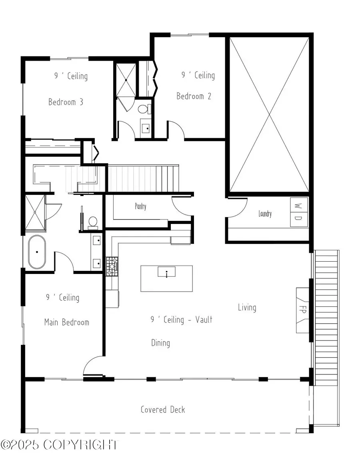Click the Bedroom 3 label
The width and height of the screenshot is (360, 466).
[x=66, y=102]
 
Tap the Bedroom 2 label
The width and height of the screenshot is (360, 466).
[x=194, y=96]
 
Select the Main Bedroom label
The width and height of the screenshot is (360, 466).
[x=66, y=322]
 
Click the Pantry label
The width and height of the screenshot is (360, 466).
[x=140, y=206]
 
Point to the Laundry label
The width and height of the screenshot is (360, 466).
[x=265, y=214]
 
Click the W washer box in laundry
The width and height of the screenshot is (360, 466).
[x=298, y=206]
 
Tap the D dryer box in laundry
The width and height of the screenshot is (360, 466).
[x=298, y=218]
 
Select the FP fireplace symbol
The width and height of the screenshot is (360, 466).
[x=302, y=310]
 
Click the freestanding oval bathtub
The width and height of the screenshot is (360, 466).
[x=37, y=252]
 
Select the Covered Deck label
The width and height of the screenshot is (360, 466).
[x=163, y=409]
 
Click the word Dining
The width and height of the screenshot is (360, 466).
[x=160, y=343]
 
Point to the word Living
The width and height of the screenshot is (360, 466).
[x=247, y=307]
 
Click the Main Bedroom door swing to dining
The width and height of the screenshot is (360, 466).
[x=93, y=366]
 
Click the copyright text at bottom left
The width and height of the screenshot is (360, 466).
[x=60, y=444]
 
